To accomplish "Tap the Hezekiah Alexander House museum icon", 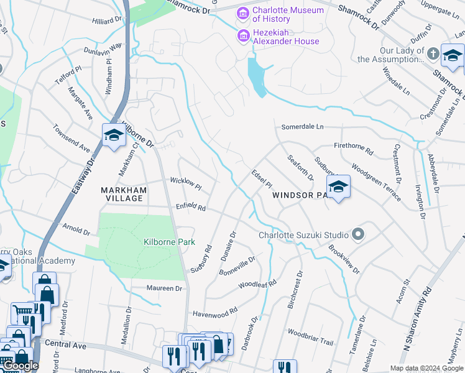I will click(x=242, y=37).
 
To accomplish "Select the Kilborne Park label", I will click(x=169, y=242).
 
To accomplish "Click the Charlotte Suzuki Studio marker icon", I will click(x=357, y=235).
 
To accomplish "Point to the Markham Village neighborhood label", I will click(x=124, y=194).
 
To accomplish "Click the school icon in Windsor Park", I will click(x=338, y=186).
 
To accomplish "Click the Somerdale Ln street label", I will click(x=303, y=127).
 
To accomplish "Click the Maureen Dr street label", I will click(x=164, y=288).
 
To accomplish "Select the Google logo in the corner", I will click(x=20, y=366).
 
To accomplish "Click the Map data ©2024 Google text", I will click(x=426, y=368).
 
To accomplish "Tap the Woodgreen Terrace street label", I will click(x=376, y=181).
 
